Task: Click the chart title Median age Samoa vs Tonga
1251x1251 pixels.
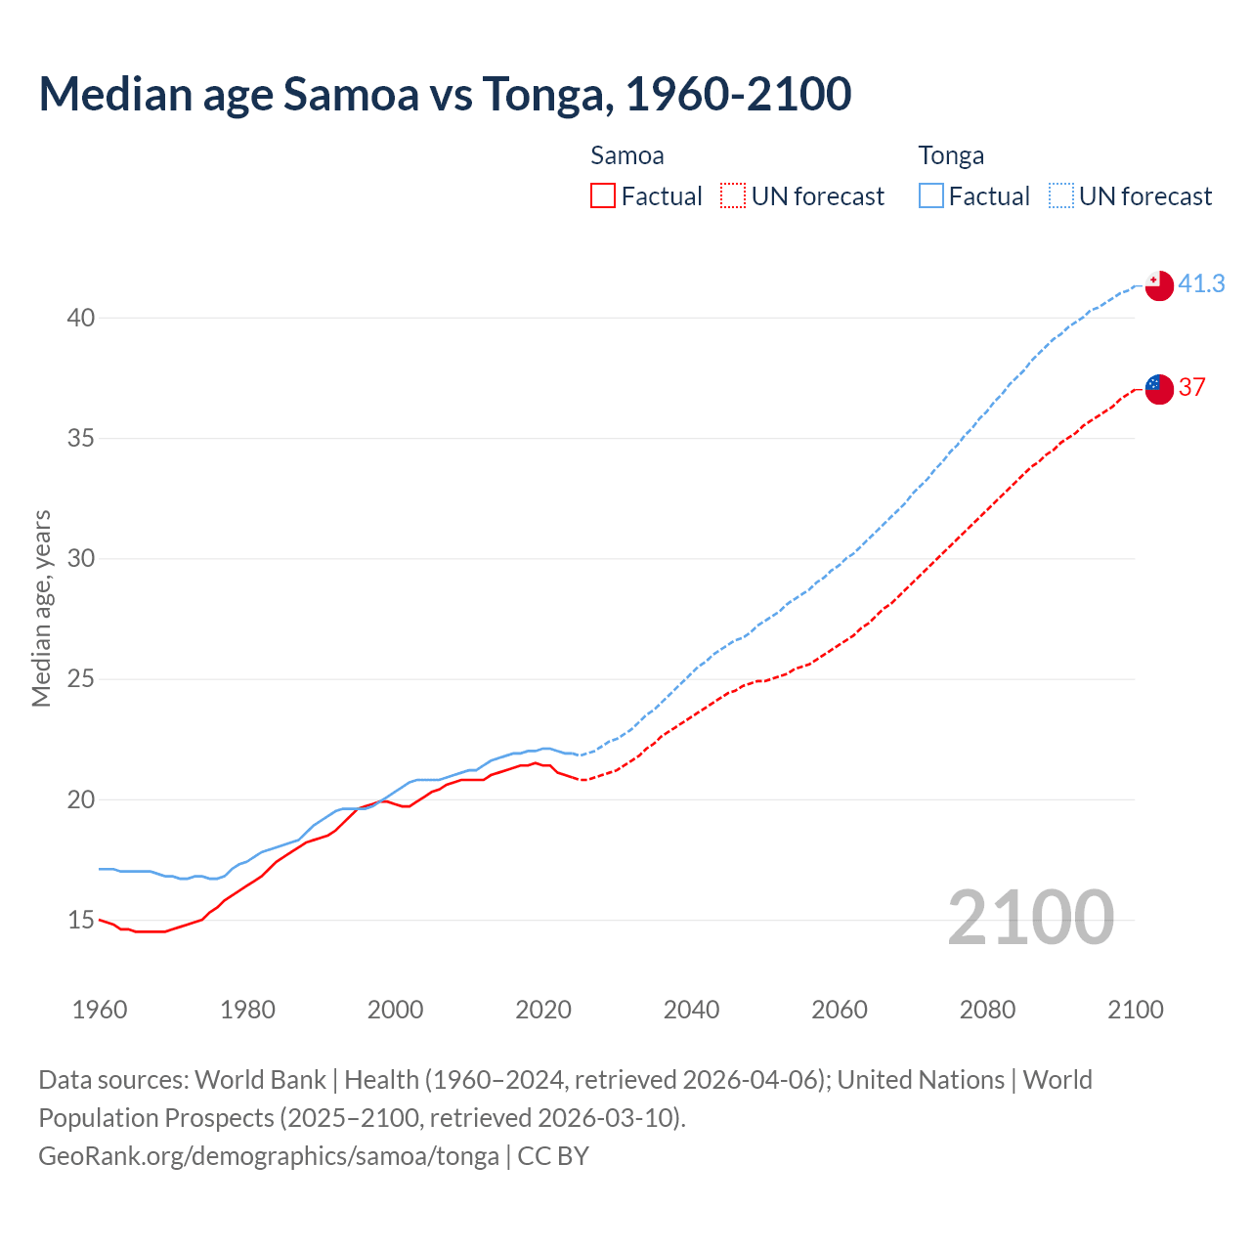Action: (x=445, y=94)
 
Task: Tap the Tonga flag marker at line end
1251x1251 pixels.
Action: (x=1158, y=285)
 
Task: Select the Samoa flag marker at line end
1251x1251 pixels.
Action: (x=1158, y=388)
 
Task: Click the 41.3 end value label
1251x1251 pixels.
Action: (x=1201, y=283)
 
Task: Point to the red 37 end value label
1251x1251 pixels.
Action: (x=1191, y=387)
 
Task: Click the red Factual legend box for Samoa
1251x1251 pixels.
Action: (x=603, y=196)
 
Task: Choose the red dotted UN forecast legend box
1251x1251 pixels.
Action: (x=733, y=196)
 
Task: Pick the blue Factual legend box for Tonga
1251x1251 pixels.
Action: (x=931, y=196)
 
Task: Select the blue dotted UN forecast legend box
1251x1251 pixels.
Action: (x=1061, y=196)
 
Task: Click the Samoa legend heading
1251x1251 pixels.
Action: (x=626, y=155)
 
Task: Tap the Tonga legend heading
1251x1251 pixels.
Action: (x=951, y=155)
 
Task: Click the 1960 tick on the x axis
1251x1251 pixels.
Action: (x=100, y=1010)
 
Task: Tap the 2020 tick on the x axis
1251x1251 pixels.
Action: (x=543, y=1010)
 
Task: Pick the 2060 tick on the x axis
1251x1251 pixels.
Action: (x=840, y=1010)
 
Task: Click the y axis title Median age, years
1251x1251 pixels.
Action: (x=41, y=608)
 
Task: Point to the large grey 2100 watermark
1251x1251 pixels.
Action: (x=1030, y=918)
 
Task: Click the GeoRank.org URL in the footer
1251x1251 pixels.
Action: (x=269, y=1156)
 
